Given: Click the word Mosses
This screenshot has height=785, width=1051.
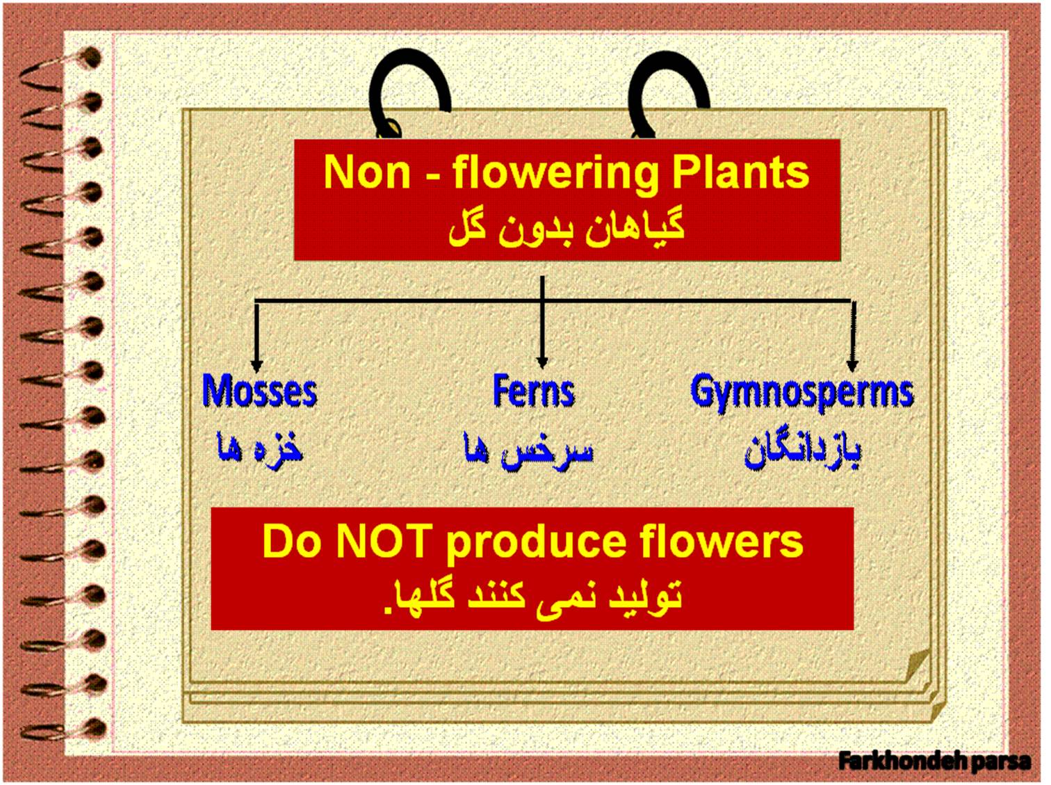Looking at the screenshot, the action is pos(259,391).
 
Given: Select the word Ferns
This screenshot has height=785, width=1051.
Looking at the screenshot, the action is pos(533,391).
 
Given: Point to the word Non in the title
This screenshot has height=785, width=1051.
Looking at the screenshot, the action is pos(367,173).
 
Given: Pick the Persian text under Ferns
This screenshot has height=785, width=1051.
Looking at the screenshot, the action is pos(528,451).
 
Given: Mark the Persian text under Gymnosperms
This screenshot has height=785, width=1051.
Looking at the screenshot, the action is pos(802,451).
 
